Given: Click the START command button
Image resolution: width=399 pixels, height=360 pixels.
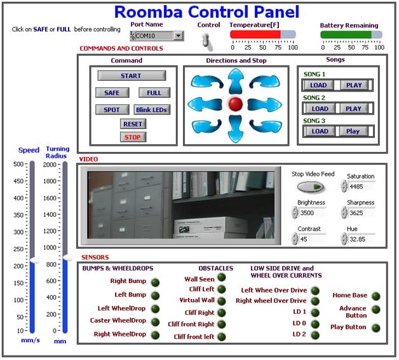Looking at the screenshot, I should click(131, 76).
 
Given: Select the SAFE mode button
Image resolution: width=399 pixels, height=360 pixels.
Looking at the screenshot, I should click(112, 93).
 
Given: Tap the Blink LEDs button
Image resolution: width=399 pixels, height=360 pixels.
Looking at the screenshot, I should click(151, 109).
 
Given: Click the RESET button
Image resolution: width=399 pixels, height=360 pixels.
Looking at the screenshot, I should click(133, 124).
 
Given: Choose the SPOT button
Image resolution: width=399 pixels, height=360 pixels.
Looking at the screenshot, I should click(112, 109).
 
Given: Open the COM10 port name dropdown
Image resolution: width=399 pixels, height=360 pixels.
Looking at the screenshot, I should click(179, 36).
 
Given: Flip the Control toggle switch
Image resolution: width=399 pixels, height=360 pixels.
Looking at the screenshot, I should click(206, 41).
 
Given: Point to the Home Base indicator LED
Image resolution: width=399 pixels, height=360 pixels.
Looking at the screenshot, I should click(375, 296).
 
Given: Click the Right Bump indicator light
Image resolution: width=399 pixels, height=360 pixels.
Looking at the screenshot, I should click(155, 282).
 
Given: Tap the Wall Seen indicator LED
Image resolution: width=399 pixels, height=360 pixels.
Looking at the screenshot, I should click(221, 277).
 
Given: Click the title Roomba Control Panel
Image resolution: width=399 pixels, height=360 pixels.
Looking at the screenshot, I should click(206, 12).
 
